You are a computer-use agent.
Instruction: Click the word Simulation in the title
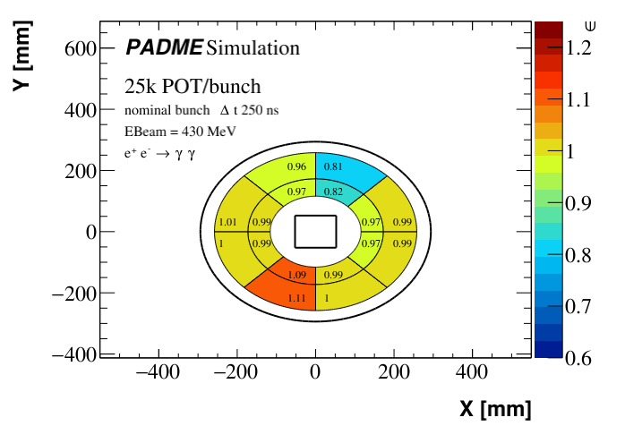[253, 47]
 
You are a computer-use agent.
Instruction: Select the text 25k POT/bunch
[193, 87]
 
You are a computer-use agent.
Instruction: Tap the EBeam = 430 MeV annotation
[175, 132]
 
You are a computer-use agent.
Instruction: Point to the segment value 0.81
[332, 166]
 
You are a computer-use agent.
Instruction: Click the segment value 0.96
[296, 166]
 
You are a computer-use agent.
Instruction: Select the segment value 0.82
[332, 192]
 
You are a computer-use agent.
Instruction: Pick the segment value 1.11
[297, 297]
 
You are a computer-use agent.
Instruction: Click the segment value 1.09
[297, 274]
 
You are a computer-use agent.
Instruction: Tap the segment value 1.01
[227, 222]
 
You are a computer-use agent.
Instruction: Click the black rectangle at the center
[315, 231]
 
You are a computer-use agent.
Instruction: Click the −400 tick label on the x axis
[158, 372]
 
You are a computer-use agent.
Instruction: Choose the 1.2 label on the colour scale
[580, 47]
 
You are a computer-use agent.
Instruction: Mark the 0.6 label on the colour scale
[580, 358]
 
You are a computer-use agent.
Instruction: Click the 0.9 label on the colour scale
[580, 203]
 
